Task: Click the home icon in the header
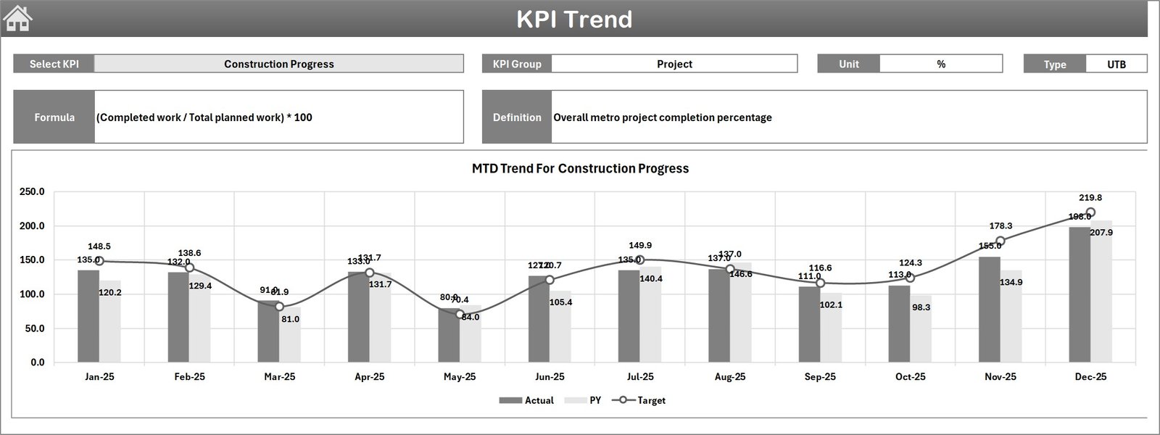(18, 19)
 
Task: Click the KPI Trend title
(574, 20)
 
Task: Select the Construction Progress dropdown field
(279, 64)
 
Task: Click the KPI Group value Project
(674, 64)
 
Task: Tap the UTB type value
(1116, 64)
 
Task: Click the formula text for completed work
(204, 117)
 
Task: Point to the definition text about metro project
(663, 117)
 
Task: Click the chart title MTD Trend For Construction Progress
(580, 168)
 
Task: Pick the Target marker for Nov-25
(1000, 241)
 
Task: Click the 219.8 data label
(1090, 198)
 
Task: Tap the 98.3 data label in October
(921, 307)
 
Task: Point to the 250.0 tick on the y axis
(32, 192)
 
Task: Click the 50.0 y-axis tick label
(32, 328)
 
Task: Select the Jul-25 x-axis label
(640, 377)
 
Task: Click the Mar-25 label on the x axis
(280, 377)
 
